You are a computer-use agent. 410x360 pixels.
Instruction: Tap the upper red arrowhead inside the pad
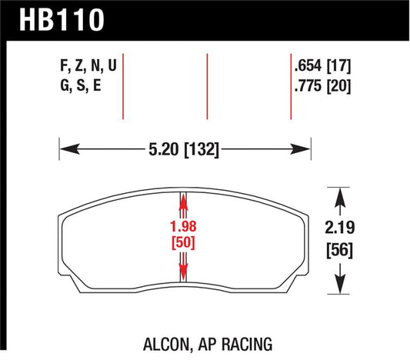tap(184, 201)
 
